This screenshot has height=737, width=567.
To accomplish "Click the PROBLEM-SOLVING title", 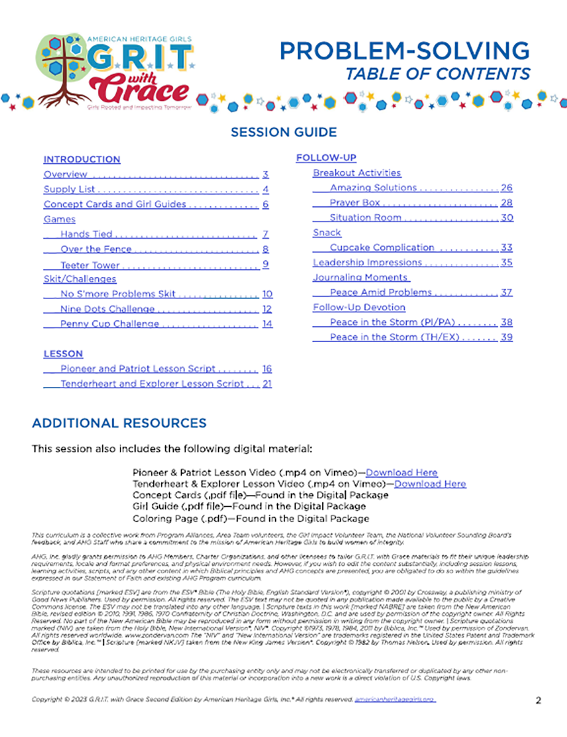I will click(x=404, y=51).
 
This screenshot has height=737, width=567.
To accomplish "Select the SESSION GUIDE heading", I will click(x=283, y=132).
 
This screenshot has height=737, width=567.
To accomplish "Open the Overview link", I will click(x=65, y=174).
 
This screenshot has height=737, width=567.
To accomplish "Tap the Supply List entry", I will click(x=69, y=190).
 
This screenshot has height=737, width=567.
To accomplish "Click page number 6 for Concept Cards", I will click(x=265, y=205).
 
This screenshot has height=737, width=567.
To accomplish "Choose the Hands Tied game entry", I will click(x=87, y=234).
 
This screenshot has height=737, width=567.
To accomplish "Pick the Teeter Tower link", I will click(x=90, y=265).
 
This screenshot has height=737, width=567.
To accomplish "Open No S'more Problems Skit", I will click(x=118, y=294).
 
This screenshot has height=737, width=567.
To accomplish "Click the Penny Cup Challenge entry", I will click(x=109, y=324).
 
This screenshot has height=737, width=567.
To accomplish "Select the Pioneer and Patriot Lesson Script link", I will click(x=138, y=369).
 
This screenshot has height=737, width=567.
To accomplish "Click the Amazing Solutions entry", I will click(x=373, y=188).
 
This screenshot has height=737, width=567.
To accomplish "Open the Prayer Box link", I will click(x=355, y=203).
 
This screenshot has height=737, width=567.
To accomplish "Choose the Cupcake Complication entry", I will click(x=381, y=248).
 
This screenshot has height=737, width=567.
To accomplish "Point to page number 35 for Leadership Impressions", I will click(x=506, y=262).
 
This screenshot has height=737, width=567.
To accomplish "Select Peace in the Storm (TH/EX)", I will click(x=396, y=337).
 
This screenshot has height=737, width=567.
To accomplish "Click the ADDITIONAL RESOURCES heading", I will click(x=119, y=423).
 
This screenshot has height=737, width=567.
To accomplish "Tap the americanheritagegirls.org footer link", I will click(x=394, y=700).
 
